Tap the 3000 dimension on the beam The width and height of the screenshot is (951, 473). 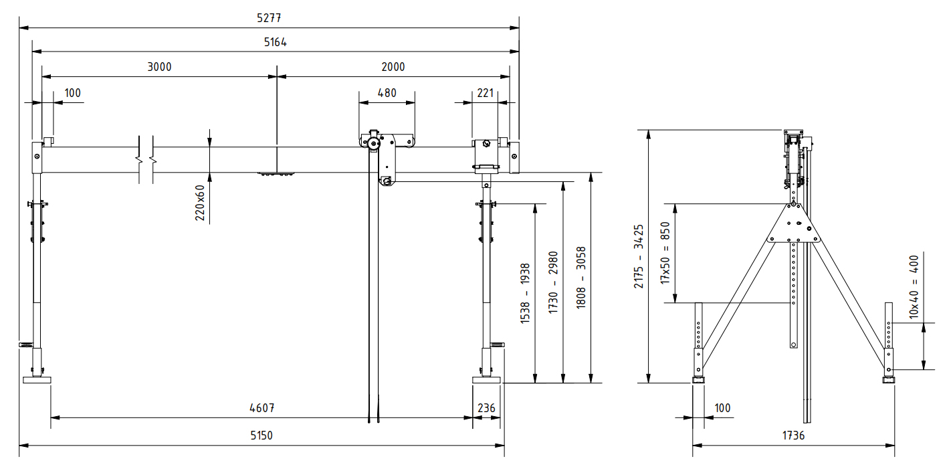(159, 67)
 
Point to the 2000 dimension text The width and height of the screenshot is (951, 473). (393, 67)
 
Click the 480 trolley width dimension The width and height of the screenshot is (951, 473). (387, 93)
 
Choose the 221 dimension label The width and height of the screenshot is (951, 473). (486, 93)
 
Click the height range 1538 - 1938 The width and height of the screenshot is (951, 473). (525, 294)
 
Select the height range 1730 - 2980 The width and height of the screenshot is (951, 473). (553, 283)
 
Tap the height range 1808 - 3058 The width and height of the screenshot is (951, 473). (581, 278)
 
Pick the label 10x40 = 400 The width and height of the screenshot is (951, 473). (914, 286)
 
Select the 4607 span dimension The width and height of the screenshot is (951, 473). (262, 407)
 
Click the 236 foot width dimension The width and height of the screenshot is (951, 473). (486, 407)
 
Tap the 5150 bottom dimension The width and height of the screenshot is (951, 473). (261, 435)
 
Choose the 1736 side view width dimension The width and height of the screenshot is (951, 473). (793, 435)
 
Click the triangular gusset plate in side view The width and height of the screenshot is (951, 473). (794, 225)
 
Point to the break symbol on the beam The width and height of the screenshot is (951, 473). (146, 161)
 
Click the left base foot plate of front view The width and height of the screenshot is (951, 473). (37, 380)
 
